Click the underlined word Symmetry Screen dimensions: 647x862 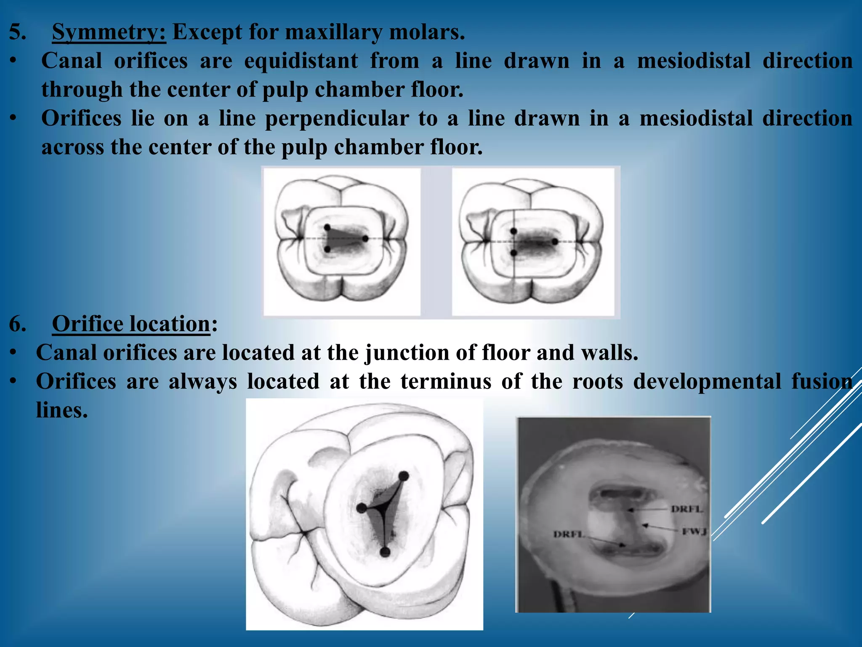click(109, 32)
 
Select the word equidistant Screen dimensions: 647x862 click(301, 61)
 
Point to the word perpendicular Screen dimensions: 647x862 click(337, 119)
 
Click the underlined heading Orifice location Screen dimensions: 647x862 click(131, 324)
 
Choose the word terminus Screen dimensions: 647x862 click(446, 382)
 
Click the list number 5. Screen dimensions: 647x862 click(17, 32)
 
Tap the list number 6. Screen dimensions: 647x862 click(17, 324)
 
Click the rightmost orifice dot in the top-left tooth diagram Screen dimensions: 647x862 click(365, 238)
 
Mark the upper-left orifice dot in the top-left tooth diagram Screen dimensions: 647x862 click(327, 227)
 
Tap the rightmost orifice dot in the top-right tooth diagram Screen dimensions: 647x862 click(555, 241)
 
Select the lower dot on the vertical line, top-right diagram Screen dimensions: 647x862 click(513, 253)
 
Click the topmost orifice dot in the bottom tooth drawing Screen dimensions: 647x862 click(403, 476)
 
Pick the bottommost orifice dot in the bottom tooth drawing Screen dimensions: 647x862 click(385, 552)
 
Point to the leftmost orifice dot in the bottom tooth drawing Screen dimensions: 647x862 click(361, 508)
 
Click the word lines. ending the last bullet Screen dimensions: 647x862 click(62, 410)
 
